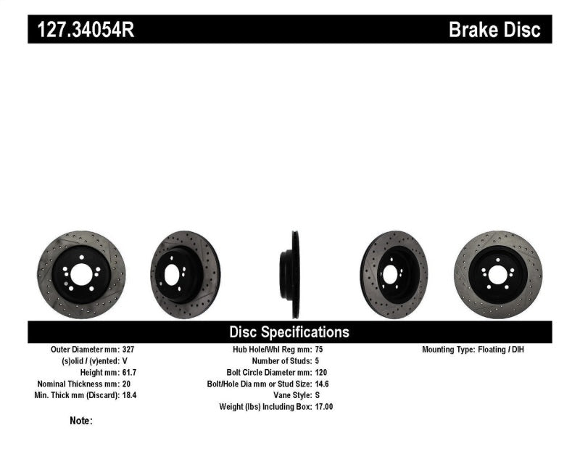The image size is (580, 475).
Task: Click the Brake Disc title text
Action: [494, 30]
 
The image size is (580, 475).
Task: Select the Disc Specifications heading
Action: [289, 332]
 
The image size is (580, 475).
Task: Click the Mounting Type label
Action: [448, 349]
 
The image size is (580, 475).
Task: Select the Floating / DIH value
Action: [501, 349]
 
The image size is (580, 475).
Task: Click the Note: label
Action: [80, 421]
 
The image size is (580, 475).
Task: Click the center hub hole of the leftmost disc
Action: [80, 274]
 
